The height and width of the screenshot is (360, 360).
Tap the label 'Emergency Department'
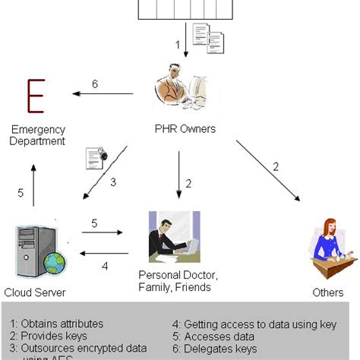37,135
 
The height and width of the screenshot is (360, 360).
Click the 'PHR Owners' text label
186,129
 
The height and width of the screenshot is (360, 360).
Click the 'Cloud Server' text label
35,292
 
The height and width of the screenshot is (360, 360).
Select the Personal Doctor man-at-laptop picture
175,237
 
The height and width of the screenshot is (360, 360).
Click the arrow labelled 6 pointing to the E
102,94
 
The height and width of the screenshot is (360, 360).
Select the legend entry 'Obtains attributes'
58,324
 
